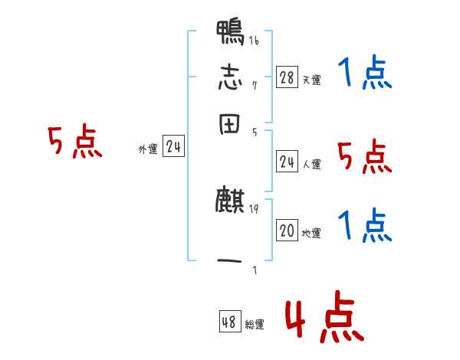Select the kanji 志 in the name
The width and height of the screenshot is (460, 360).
tap(230, 78)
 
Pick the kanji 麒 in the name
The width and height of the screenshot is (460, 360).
tap(230, 201)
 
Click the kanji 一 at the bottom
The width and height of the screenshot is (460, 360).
tap(230, 260)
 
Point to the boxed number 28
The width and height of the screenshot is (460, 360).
tap(287, 77)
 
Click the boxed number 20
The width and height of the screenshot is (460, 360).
tap(287, 231)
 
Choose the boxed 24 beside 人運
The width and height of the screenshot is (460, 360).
tap(287, 162)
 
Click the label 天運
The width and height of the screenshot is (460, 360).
tap(311, 80)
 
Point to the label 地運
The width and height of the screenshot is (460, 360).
tap(311, 233)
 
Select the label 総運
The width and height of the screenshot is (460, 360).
tap(255, 325)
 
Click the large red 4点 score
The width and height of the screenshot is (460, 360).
tap(324, 320)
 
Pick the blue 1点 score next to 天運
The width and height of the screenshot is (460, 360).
tap(365, 74)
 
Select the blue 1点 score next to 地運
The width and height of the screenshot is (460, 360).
tap(365, 227)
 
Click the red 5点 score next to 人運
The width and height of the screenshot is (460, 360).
tap(365, 158)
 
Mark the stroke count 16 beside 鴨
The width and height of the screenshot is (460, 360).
tap(254, 41)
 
